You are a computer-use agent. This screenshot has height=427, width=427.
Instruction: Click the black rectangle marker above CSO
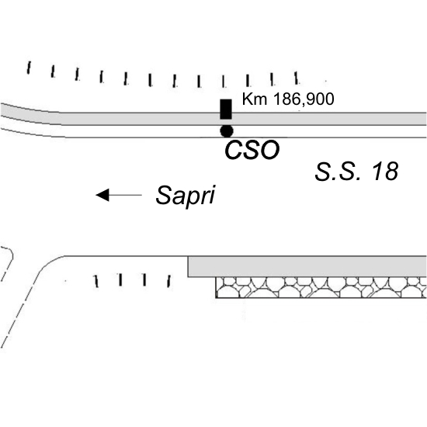226,109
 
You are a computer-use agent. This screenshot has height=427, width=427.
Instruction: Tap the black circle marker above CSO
227,131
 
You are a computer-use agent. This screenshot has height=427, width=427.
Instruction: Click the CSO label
252,150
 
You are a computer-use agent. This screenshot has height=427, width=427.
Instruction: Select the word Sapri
186,195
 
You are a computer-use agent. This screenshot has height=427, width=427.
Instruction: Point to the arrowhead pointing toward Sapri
102,195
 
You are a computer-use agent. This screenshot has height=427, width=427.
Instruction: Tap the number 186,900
303,99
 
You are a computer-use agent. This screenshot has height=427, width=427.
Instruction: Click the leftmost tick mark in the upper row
28,68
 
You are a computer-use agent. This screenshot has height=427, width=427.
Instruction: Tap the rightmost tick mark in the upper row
297,78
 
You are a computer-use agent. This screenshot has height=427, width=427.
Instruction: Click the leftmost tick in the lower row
95,281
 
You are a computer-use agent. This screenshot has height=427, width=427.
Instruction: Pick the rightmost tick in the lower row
168,281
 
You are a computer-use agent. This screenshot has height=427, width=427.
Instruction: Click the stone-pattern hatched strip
321,287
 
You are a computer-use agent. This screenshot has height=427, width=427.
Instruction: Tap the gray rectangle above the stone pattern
307,266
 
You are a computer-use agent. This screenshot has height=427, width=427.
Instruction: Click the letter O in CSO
269,150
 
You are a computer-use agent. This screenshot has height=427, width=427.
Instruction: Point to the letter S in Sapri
163,195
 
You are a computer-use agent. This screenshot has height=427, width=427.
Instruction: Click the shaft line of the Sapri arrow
125,195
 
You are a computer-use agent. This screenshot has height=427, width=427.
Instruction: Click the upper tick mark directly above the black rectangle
224,82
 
